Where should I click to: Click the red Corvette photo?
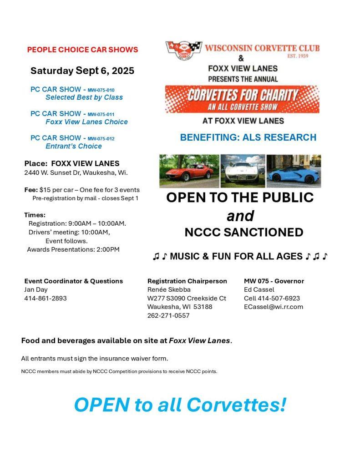[x=189, y=171]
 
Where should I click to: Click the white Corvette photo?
[x=243, y=171]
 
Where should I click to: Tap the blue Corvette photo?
[x=294, y=171]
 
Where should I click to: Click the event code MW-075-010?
[x=101, y=90]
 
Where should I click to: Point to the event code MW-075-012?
[x=101, y=139]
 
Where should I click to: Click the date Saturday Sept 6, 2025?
[x=82, y=71]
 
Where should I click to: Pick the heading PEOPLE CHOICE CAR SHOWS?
[x=82, y=50]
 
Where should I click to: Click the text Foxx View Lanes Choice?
[x=86, y=122]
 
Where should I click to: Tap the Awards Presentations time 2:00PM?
[x=108, y=249]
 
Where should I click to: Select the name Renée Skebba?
[x=169, y=289]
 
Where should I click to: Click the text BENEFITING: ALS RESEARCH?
[x=248, y=137]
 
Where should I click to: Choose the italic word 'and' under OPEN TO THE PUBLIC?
[x=240, y=215]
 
